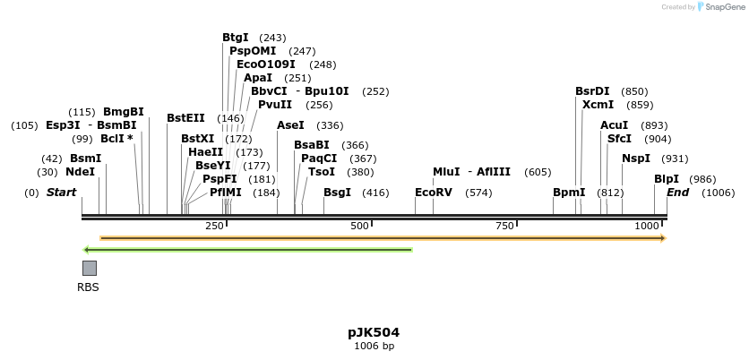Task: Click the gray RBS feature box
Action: point(90,268)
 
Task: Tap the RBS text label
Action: point(89,287)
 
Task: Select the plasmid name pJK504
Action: point(374,332)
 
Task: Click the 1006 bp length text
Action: point(374,346)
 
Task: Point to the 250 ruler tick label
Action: point(215,227)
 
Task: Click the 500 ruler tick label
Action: point(360,227)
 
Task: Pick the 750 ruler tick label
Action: point(504,227)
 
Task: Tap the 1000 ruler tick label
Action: point(647,227)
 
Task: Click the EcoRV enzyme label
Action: point(435,193)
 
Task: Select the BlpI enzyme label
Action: point(667,179)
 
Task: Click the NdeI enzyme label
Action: point(80,172)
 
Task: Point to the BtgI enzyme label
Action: point(236,38)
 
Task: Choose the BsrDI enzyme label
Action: point(592,91)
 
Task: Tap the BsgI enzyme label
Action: point(338,193)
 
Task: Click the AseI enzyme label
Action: point(291,125)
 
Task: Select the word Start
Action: point(61,193)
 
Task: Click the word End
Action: point(678,193)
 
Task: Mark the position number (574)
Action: point(479,193)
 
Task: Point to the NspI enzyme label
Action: point(636,159)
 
